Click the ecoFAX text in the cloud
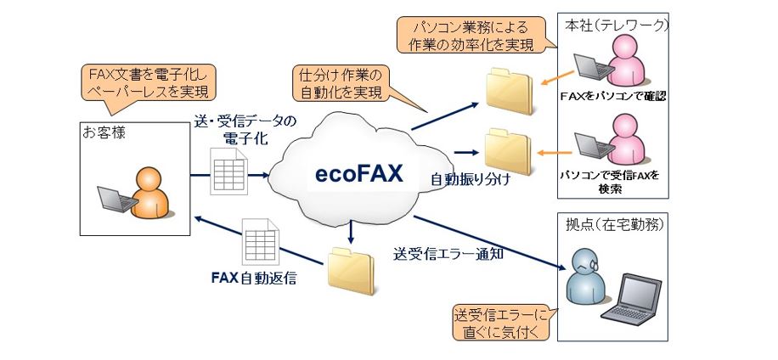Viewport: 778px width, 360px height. (x=360, y=174)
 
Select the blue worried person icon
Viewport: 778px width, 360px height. (x=585, y=274)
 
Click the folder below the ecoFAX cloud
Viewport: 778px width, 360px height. (x=351, y=271)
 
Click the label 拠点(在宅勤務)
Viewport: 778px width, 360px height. (x=614, y=225)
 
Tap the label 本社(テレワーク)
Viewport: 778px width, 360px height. (x=617, y=26)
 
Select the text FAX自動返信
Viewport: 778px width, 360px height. (x=254, y=278)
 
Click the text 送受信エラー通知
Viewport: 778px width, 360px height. (x=448, y=253)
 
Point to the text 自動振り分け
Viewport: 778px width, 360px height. (x=471, y=179)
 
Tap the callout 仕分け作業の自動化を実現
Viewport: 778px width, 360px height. (x=342, y=83)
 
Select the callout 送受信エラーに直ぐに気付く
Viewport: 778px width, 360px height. (x=502, y=323)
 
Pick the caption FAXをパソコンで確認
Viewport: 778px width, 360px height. (x=612, y=96)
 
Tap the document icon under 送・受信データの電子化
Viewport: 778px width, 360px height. (x=228, y=171)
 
